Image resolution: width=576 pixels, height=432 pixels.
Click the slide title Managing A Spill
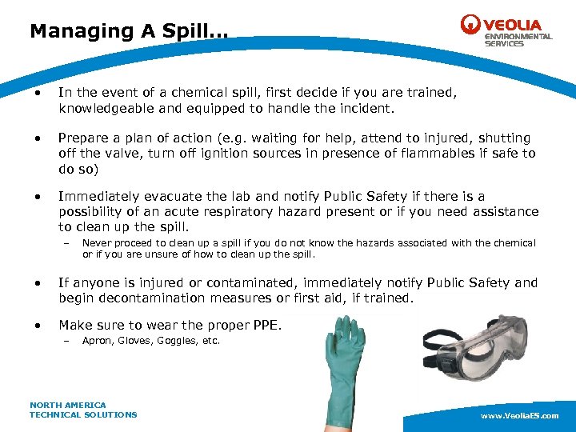[128, 31]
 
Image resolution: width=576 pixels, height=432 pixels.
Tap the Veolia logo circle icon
[470, 25]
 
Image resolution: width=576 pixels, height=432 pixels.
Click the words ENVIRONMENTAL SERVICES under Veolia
[518, 40]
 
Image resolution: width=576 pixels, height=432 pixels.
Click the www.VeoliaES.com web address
[519, 417]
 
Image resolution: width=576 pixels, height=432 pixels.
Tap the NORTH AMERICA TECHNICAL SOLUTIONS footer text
[83, 410]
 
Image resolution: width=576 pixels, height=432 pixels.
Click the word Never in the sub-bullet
[95, 243]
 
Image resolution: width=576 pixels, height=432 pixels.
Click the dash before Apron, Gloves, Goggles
[66, 342]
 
